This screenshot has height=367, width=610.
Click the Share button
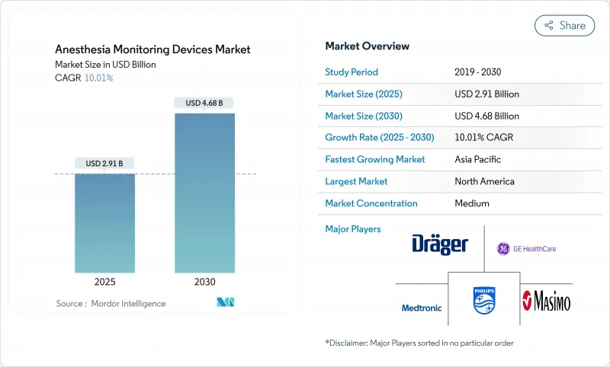click(x=565, y=25)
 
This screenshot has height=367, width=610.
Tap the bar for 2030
click(x=204, y=193)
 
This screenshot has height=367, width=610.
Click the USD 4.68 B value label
click(x=204, y=103)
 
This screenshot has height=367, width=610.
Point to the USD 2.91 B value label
click(x=104, y=163)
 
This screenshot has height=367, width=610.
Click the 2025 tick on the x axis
click(x=104, y=282)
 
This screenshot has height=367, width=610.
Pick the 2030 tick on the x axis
click(x=204, y=282)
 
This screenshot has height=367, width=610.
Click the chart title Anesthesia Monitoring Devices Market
click(x=153, y=49)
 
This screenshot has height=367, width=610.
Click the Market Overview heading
click(x=368, y=46)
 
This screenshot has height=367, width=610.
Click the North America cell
click(x=484, y=181)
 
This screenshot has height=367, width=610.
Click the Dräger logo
click(x=440, y=244)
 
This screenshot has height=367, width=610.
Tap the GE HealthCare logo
click(x=528, y=248)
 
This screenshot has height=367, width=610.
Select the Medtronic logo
click(x=422, y=308)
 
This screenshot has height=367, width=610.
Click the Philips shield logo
click(x=483, y=299)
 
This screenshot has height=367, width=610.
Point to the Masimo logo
click(x=545, y=300)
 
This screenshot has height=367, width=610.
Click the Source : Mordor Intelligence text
click(x=111, y=303)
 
